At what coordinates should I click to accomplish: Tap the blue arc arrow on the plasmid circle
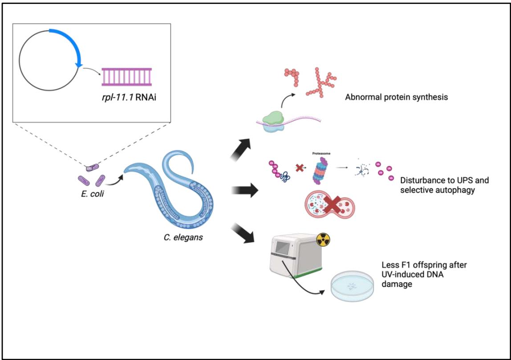(x=71, y=42)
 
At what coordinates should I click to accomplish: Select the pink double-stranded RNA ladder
(x=126, y=75)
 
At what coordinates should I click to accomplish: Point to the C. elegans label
(x=182, y=237)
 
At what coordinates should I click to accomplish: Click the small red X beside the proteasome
(x=300, y=169)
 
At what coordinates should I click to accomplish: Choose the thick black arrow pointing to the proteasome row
(x=245, y=192)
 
